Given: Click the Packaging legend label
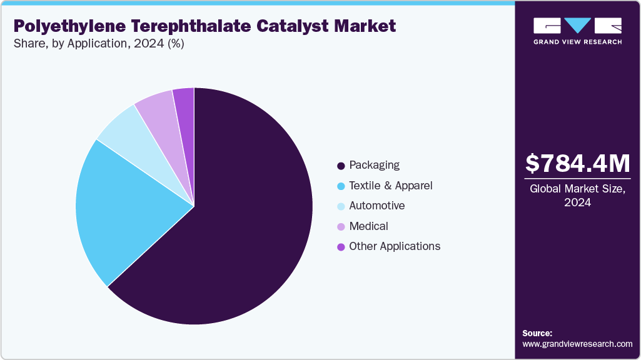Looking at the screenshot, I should pyautogui.click(x=374, y=165).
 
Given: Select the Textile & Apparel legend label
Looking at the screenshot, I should pyautogui.click(x=390, y=186).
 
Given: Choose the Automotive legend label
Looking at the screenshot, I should pyautogui.click(x=376, y=206).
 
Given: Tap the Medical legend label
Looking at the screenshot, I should pyautogui.click(x=368, y=226).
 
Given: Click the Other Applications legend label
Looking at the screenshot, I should pyautogui.click(x=395, y=246).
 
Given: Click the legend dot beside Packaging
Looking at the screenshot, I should pyautogui.click(x=341, y=166).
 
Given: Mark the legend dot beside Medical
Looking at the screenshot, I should pyautogui.click(x=341, y=227).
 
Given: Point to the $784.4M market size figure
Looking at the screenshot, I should pyautogui.click(x=577, y=163).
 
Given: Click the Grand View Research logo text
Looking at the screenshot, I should pyautogui.click(x=577, y=42).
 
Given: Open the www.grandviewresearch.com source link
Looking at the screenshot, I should pyautogui.click(x=577, y=344).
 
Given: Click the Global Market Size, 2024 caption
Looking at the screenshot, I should pyautogui.click(x=577, y=195).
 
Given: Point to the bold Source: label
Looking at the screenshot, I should pyautogui.click(x=537, y=333).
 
